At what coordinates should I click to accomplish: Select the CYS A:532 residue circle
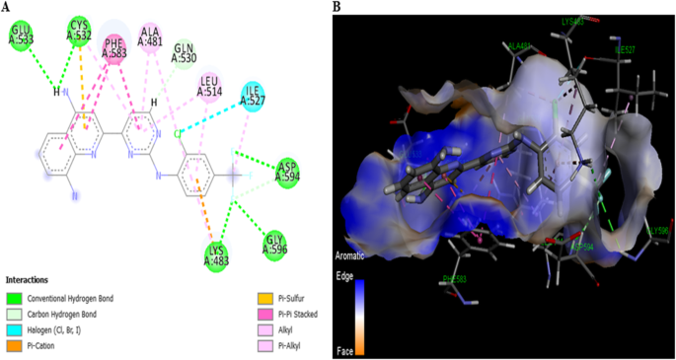pyautogui.click(x=80, y=32)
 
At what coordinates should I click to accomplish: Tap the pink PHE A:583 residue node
pyautogui.click(x=114, y=48)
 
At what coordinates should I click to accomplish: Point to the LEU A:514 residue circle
pyautogui.click(x=209, y=87)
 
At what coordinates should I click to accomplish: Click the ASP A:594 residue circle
pyautogui.click(x=287, y=171)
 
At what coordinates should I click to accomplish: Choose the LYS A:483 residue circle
pyautogui.click(x=216, y=254)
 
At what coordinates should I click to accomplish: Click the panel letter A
pyautogui.click(x=7, y=6)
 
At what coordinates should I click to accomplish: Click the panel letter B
pyautogui.click(x=337, y=7)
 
